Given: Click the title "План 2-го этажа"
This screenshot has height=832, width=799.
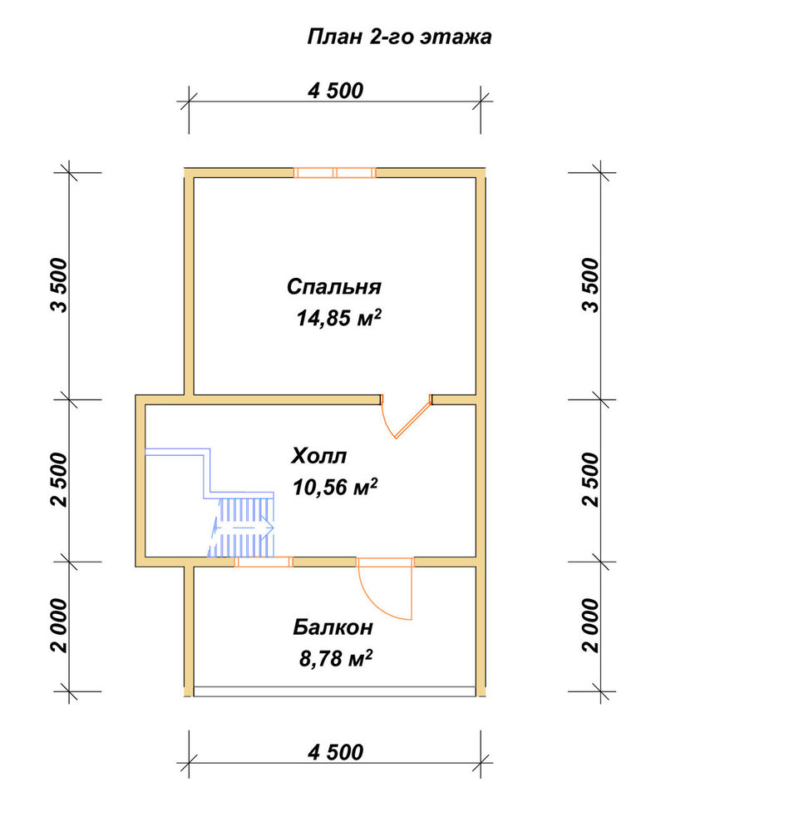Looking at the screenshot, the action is coord(399,37).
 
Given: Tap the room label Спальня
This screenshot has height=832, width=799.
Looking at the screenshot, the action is coord(334,286).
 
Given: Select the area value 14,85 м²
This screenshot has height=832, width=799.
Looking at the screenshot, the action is coord(338,318).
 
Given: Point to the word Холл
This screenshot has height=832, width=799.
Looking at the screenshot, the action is coord(318,456).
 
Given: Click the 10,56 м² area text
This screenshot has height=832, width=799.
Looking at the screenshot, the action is coord(334,487).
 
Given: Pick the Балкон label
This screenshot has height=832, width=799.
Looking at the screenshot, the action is coord(333,627).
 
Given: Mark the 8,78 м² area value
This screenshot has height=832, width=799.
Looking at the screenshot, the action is coord(336,658).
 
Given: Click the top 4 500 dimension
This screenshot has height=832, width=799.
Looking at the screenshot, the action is coord(335,91).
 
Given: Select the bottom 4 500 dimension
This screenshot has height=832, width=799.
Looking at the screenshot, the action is coord(335,752).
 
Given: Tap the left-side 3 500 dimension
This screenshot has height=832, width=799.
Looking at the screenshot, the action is coord(59,285).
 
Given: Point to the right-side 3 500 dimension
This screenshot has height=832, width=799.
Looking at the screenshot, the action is coord(590,285).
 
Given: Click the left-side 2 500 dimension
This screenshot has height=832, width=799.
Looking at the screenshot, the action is coord(59,480).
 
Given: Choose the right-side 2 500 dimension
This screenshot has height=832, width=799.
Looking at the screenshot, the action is coord(590,480).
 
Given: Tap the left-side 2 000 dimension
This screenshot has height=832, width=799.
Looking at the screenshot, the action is coord(59,626).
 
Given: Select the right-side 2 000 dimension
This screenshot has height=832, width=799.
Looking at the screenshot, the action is coord(590,626).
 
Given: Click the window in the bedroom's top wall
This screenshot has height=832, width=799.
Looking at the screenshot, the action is coord(335,172).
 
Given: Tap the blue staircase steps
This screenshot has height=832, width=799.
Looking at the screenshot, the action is coord(242,527).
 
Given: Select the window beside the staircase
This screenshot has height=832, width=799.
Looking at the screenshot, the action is coord(264,562).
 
